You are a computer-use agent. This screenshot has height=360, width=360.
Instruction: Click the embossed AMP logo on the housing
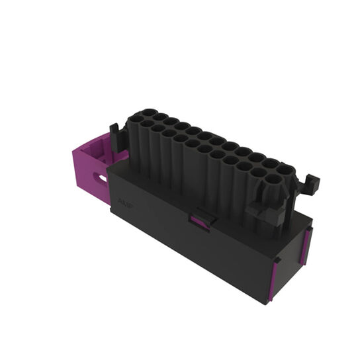coord(125,202)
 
